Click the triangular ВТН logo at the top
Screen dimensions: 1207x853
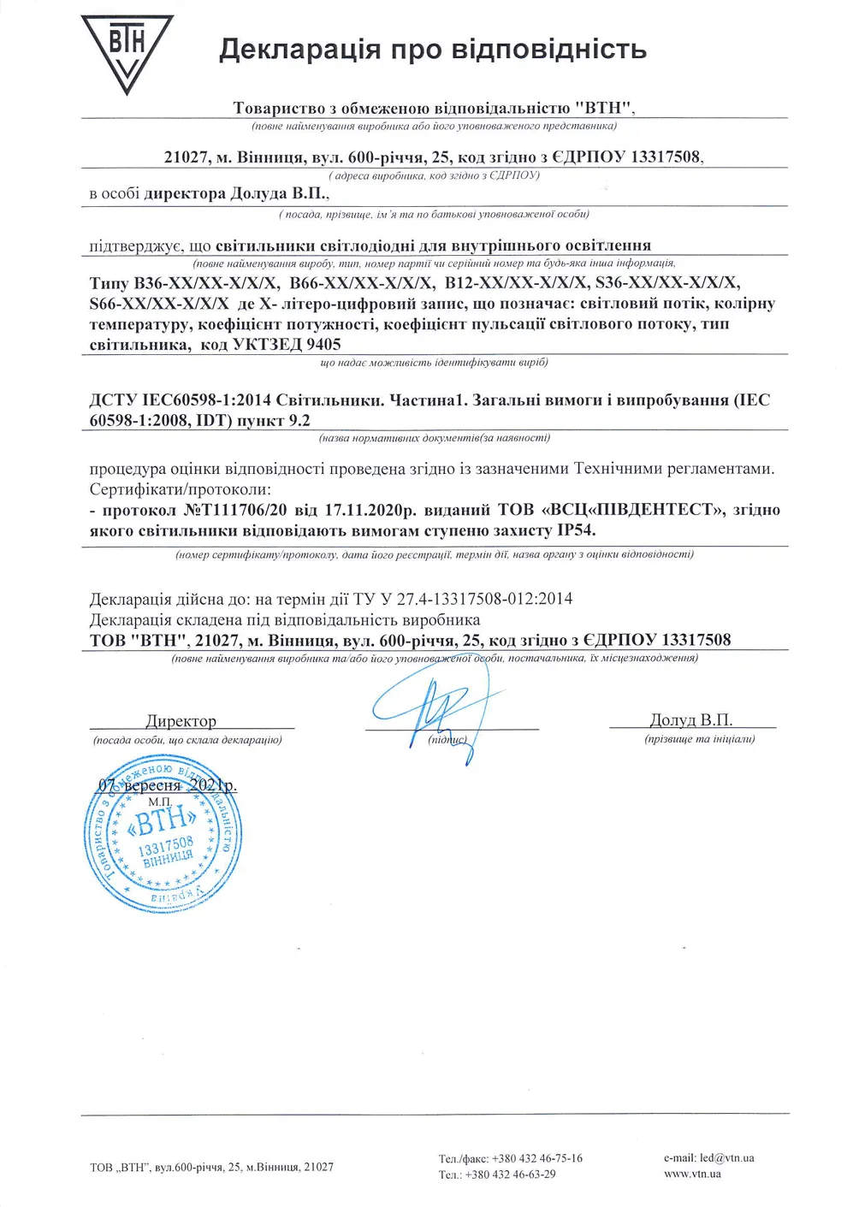click(x=127, y=51)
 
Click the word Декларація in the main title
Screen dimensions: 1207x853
click(x=299, y=49)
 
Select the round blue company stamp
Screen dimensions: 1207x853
click(x=163, y=834)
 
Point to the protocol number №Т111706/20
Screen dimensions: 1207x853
click(x=235, y=510)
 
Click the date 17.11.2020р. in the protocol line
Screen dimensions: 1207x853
click(x=370, y=510)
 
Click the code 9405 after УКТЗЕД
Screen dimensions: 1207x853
click(x=324, y=345)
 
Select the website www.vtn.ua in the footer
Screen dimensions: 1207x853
click(x=692, y=1174)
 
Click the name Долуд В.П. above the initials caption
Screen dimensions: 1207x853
click(x=690, y=720)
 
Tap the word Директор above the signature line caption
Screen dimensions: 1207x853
click(x=181, y=721)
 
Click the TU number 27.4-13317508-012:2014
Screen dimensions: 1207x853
click(x=484, y=599)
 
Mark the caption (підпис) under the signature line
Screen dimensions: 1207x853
click(x=447, y=740)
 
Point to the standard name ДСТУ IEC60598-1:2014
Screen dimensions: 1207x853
click(x=181, y=400)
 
